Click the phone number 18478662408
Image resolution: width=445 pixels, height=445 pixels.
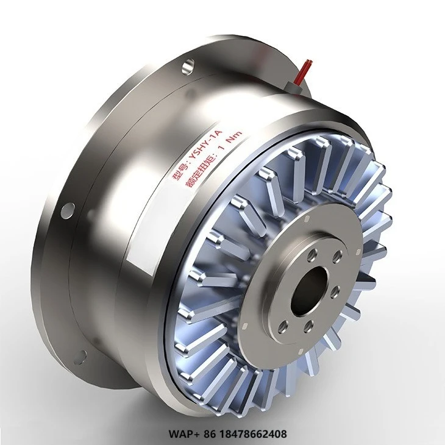pos(246,434)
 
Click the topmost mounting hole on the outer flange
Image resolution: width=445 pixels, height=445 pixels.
pos(188,63)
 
